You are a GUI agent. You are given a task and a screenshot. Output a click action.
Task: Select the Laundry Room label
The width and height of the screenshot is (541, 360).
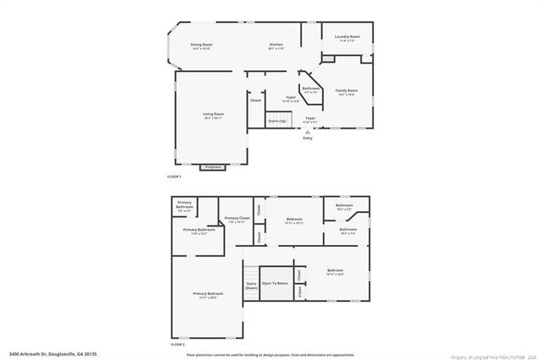[x=347, y=37]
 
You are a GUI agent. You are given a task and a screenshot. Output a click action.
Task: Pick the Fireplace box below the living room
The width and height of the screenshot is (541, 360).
[x=213, y=167]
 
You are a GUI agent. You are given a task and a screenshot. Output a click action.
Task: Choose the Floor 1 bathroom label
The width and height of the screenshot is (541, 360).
[x=311, y=89]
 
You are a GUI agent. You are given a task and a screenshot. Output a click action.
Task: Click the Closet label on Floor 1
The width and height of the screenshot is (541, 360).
[x=255, y=101]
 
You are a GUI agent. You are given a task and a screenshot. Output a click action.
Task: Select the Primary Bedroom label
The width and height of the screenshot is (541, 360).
[x=208, y=294]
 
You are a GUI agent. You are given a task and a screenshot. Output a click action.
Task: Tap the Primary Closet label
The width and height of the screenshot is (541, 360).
[x=237, y=220]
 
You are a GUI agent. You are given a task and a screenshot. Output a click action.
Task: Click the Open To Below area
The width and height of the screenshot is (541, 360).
[x=275, y=283]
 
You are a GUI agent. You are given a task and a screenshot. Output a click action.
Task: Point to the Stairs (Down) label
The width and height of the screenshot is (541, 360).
[x=251, y=286]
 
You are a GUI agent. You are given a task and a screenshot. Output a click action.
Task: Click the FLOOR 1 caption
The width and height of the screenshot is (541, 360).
[x=175, y=176]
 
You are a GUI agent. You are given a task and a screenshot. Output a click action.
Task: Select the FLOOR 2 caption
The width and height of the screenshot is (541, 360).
[x=177, y=345]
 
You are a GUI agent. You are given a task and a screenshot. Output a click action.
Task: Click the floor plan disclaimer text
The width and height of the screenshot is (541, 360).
[x=270, y=354]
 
